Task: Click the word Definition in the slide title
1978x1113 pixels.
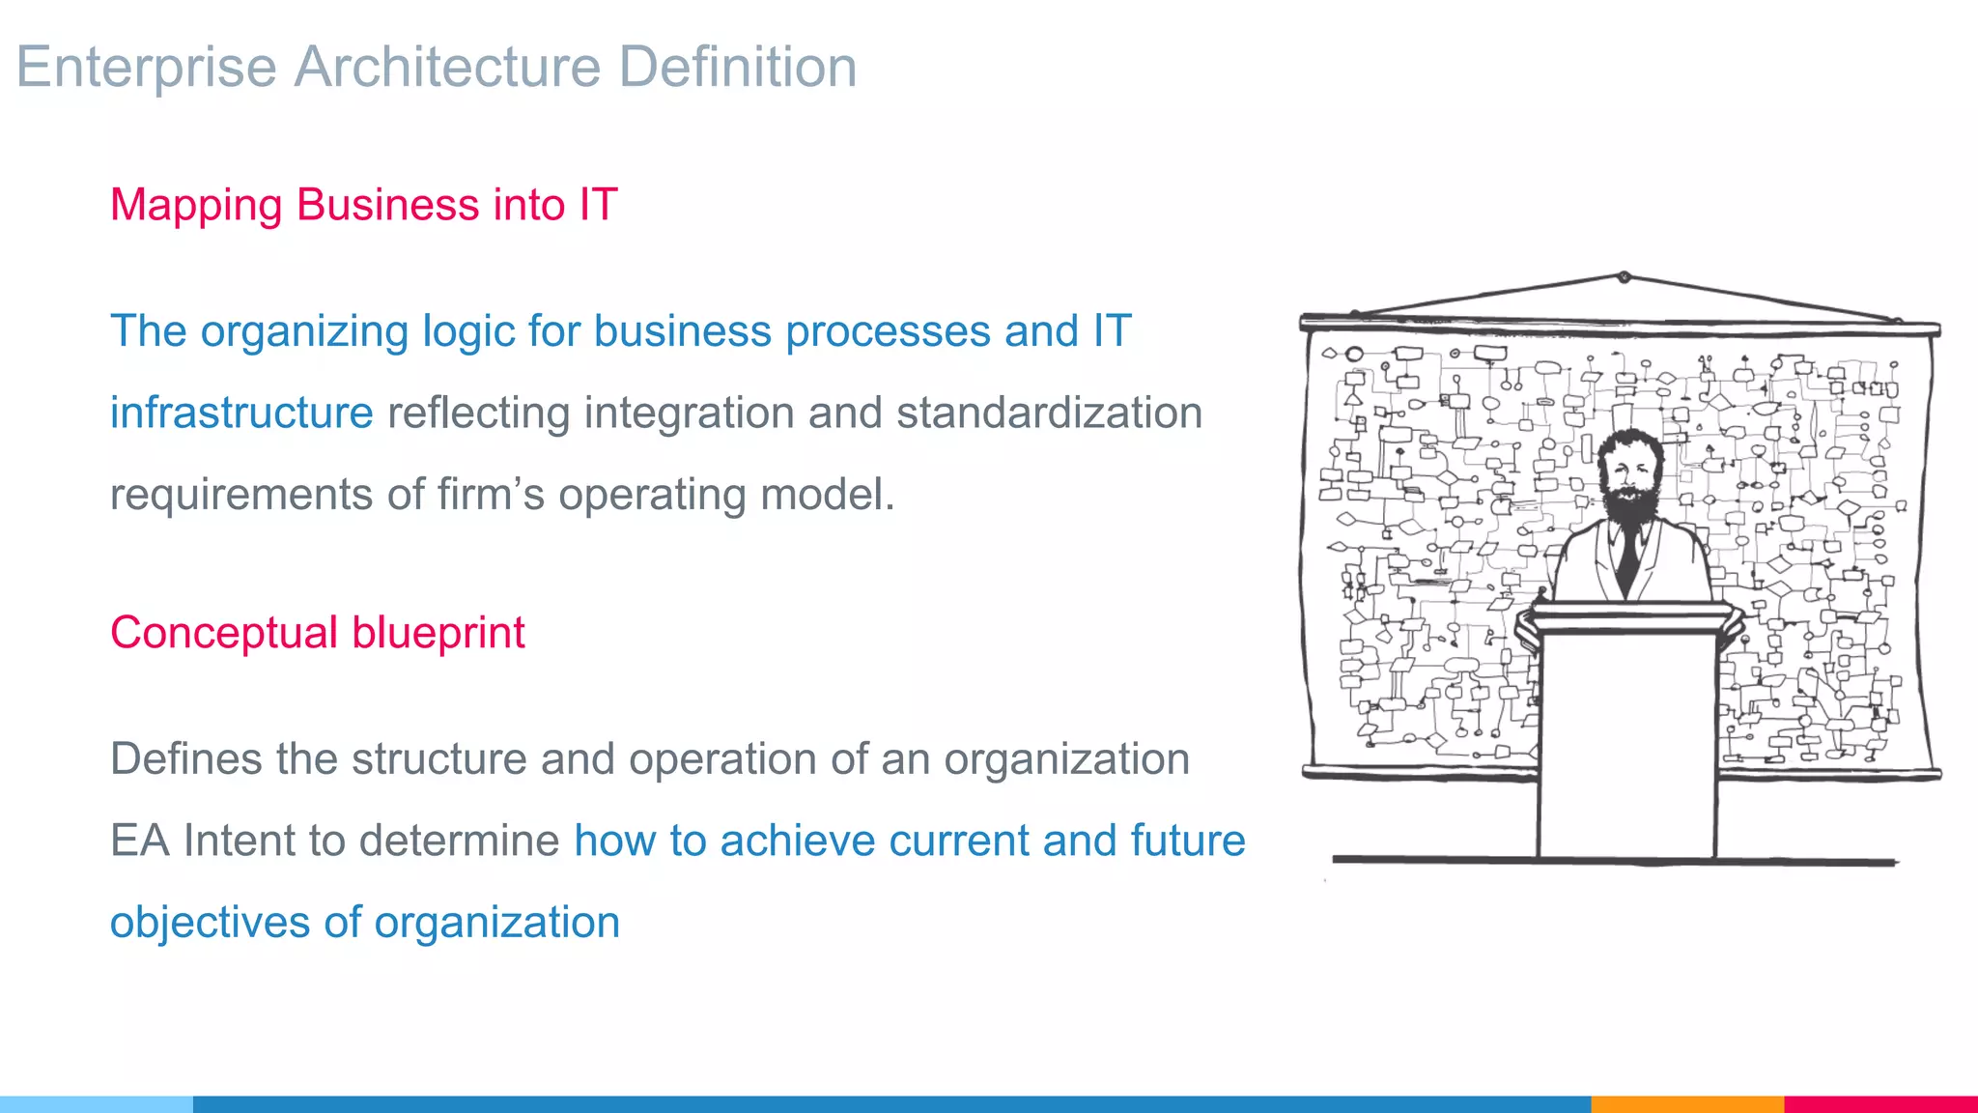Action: tap(737, 67)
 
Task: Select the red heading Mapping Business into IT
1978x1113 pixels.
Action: tap(363, 205)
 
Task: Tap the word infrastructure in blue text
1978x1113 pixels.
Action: tap(241, 413)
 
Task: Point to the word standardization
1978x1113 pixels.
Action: tap(1049, 413)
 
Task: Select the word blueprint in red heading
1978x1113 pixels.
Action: tap(438, 633)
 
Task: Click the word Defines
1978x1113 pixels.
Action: tap(186, 758)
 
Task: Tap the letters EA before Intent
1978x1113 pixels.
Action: tap(140, 841)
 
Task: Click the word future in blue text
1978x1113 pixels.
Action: tap(1187, 841)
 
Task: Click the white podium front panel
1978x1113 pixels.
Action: tap(1626, 744)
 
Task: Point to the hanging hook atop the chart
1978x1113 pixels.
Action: tap(1625, 277)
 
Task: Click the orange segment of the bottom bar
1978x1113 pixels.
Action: tap(1686, 1103)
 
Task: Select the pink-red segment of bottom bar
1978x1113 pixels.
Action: tap(1880, 1103)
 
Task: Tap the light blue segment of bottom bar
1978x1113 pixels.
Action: tap(97, 1103)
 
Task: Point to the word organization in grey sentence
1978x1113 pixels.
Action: tap(1066, 758)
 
